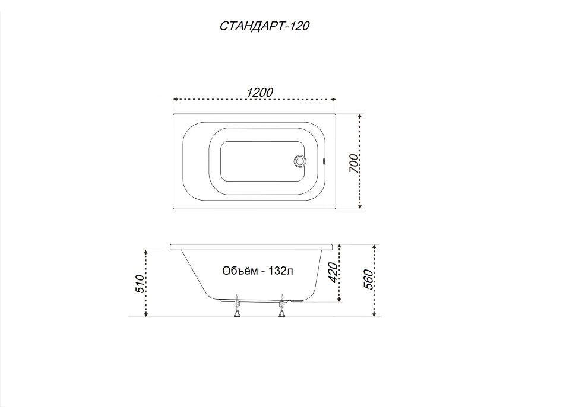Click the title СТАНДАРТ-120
[264, 26]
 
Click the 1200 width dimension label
[259, 92]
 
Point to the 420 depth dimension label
[333, 272]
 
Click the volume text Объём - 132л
[258, 271]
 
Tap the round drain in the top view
[300, 161]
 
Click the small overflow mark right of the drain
[324, 161]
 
